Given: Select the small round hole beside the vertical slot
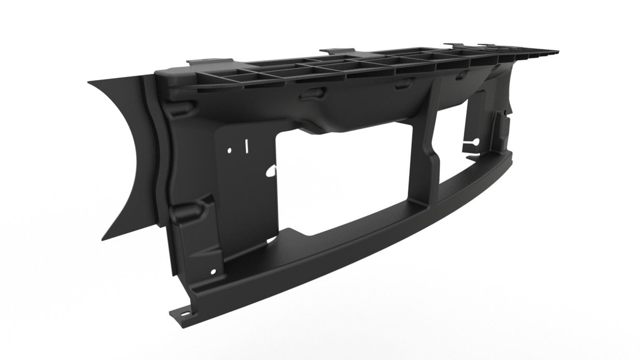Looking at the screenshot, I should pyautogui.click(x=230, y=150).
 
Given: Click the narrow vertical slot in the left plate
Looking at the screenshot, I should pyautogui.click(x=247, y=146).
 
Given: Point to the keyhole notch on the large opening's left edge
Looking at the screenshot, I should pyautogui.click(x=271, y=171).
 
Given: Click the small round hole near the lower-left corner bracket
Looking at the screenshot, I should pyautogui.click(x=213, y=271).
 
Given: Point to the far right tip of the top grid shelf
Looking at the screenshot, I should pyautogui.click(x=557, y=52).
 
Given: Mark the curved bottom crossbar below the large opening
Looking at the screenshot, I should pyautogui.click(x=363, y=244).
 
